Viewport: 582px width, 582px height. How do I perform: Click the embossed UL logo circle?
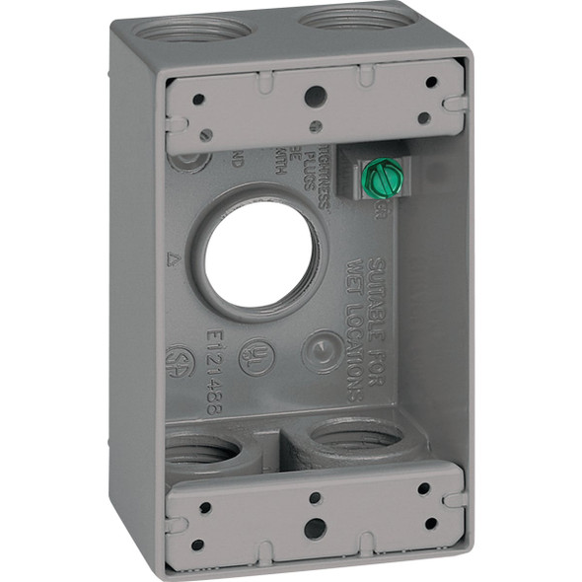259,354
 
